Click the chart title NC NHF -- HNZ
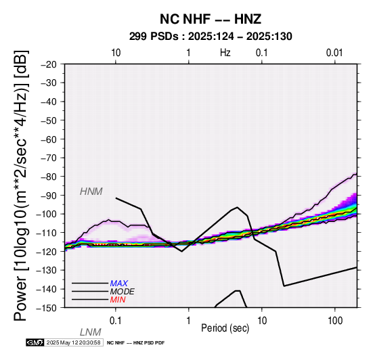[x=211, y=20]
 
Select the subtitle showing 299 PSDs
[x=211, y=37]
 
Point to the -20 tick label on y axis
[x=49, y=64]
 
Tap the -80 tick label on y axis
[x=49, y=177]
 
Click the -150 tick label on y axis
[x=47, y=308]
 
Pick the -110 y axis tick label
[x=47, y=233]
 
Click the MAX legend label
[x=119, y=284]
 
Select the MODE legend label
[x=123, y=292]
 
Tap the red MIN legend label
[x=118, y=300]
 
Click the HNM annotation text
[x=91, y=192]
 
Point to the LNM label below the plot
[x=91, y=332]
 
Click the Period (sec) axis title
[x=225, y=328]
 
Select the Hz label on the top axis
[x=225, y=53]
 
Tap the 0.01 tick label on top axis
[x=334, y=53]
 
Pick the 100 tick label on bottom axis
[x=335, y=321]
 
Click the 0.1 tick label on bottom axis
[x=116, y=321]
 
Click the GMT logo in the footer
[x=35, y=342]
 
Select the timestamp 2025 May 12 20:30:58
[x=74, y=342]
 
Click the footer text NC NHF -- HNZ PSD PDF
[x=136, y=343]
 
